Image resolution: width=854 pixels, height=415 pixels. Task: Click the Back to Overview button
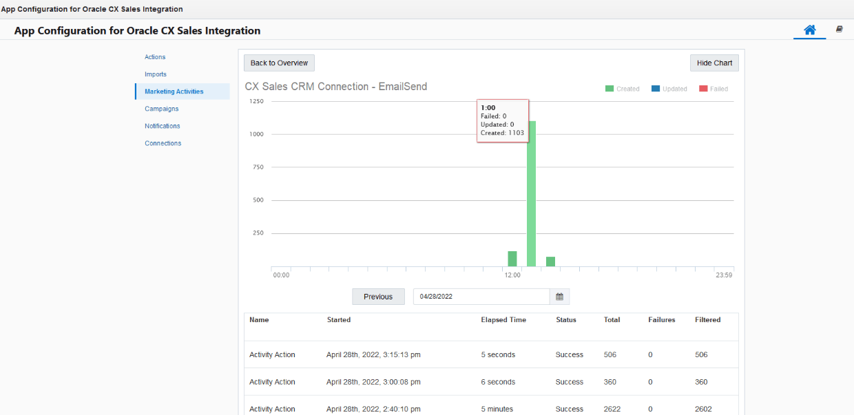pos(279,63)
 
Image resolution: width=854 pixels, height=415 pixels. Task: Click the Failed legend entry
pos(714,89)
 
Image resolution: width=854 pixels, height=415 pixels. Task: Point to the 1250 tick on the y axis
pos(256,101)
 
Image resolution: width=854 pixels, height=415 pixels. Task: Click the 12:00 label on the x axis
pos(512,275)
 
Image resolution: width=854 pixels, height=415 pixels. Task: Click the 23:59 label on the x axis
pos(724,275)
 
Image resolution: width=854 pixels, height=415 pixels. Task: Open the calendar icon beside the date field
pos(560,297)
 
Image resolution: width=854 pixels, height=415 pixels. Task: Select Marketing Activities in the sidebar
pos(174,92)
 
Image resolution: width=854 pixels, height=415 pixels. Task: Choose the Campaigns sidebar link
pos(162,109)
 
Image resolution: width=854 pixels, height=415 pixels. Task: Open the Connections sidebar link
pos(163,143)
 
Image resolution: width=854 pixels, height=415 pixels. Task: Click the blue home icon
pos(810,30)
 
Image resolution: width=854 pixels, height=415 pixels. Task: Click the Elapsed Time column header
pos(503,320)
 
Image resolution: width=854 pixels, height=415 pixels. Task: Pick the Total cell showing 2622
pos(612,409)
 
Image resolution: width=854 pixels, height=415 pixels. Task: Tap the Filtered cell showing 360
pos(703,382)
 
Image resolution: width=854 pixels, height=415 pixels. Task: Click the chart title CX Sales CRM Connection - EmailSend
pos(336,87)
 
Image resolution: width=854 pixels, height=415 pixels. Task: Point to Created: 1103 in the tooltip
pos(502,133)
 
